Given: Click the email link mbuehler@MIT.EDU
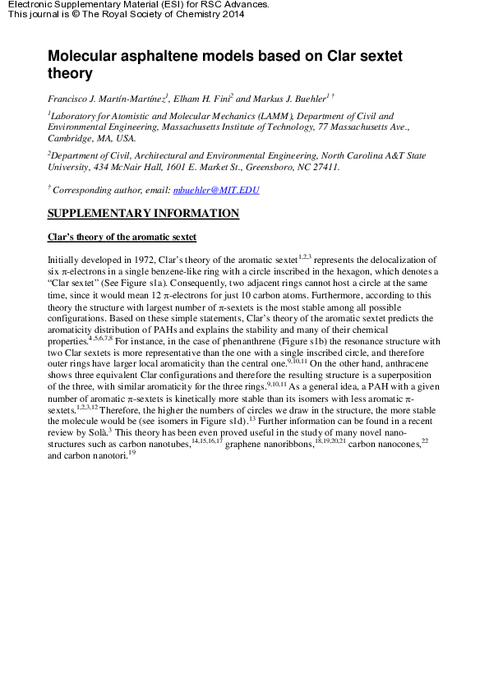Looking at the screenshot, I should click(x=216, y=190).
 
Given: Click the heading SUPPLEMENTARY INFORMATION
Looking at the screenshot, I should click(x=143, y=215).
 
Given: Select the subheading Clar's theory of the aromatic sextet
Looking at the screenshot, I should click(x=122, y=238).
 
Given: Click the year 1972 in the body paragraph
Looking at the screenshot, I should click(x=138, y=259).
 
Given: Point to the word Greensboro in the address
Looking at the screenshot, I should click(x=274, y=167).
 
